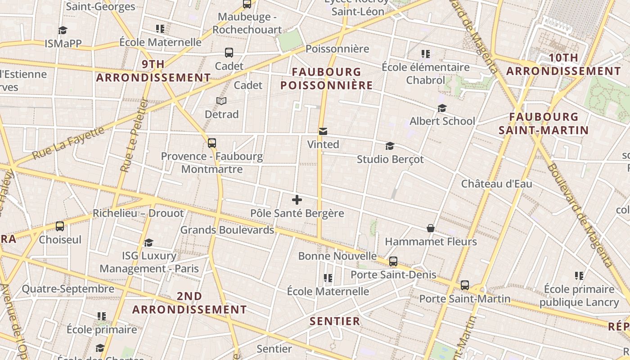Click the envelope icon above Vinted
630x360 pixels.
click(x=323, y=131)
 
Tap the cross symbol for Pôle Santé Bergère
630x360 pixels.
click(x=297, y=200)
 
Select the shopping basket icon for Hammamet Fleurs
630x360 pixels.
click(x=431, y=228)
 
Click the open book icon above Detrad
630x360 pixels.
click(x=221, y=101)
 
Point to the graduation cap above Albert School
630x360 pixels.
click(x=442, y=108)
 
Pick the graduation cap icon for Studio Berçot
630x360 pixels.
click(x=390, y=146)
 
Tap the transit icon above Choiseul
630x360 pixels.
click(x=60, y=226)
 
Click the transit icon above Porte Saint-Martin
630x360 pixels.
click(x=464, y=285)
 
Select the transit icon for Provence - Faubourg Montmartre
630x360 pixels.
click(x=212, y=143)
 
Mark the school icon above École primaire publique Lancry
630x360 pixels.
click(x=579, y=275)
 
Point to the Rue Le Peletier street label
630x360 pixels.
click(x=134, y=135)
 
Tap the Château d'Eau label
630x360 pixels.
click(x=496, y=184)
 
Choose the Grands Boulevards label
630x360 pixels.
click(x=227, y=230)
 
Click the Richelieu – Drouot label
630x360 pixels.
click(x=138, y=213)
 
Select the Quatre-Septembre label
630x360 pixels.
click(x=68, y=289)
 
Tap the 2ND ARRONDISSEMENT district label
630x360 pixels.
click(x=189, y=303)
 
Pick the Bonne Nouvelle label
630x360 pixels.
click(x=337, y=256)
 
